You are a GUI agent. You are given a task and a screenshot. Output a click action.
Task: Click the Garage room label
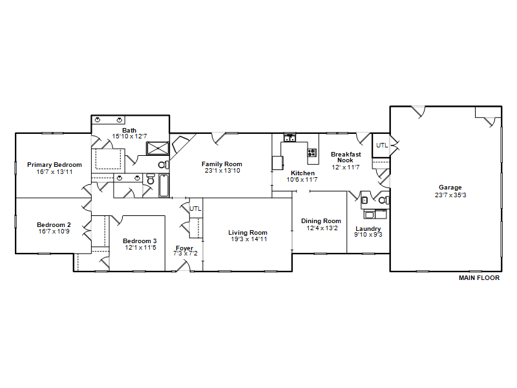click(450, 188)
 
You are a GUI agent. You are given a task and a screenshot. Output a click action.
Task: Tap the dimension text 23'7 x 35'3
click(450, 195)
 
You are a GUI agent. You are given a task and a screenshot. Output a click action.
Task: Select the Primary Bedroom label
click(54, 165)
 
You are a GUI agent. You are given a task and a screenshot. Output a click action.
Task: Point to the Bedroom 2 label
click(54, 224)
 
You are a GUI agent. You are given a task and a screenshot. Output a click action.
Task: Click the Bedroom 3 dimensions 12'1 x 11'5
click(140, 248)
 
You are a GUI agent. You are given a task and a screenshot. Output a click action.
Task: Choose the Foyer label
click(184, 248)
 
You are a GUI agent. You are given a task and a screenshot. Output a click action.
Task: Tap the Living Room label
click(248, 233)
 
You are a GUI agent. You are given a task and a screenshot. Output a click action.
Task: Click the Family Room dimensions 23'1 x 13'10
click(222, 171)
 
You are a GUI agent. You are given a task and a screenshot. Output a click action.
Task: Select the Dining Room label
click(321, 221)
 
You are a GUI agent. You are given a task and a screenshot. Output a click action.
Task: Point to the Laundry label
click(368, 229)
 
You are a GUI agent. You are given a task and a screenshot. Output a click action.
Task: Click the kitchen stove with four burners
click(312, 153)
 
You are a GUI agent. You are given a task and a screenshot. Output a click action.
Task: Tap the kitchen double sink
click(290, 138)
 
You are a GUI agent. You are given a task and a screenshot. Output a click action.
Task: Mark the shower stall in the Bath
click(158, 148)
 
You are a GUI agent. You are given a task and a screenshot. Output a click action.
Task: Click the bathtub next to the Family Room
click(164, 186)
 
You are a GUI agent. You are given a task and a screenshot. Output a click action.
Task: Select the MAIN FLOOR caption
click(479, 278)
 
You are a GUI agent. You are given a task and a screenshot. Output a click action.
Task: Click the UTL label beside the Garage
click(382, 145)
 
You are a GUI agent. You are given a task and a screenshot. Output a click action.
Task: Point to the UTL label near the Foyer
click(195, 208)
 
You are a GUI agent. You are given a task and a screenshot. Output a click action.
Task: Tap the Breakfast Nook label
click(346, 157)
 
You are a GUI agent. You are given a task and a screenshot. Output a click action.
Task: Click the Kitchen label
click(302, 173)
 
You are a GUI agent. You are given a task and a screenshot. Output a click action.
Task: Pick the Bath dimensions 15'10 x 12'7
click(130, 136)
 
